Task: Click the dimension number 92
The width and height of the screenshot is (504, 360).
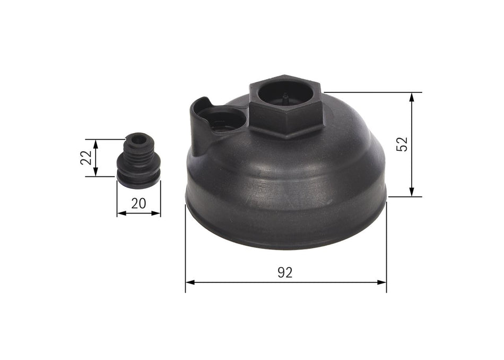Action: pyautogui.click(x=285, y=273)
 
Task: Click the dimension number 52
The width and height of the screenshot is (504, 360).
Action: pyautogui.click(x=403, y=144)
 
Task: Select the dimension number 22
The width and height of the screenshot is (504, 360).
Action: pyautogui.click(x=86, y=158)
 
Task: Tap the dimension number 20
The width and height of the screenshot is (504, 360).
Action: pyautogui.click(x=138, y=204)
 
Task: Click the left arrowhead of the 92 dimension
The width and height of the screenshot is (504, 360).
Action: pyautogui.click(x=189, y=282)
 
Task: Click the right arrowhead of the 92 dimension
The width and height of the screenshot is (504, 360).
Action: pyautogui.click(x=383, y=282)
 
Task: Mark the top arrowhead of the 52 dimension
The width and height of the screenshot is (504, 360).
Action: pyautogui.click(x=412, y=96)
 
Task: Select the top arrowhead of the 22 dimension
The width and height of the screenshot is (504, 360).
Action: pyautogui.click(x=95, y=143)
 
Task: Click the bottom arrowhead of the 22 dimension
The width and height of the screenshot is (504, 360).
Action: pyautogui.click(x=95, y=173)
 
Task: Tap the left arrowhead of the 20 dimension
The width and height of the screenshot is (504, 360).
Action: pyautogui.click(x=120, y=213)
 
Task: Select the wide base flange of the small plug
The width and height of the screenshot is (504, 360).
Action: pyautogui.click(x=137, y=179)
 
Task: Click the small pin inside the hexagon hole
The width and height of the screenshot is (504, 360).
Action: pyautogui.click(x=285, y=98)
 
